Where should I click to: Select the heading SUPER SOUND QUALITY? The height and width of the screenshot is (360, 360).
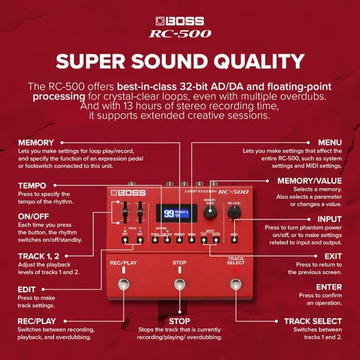[x=179, y=60]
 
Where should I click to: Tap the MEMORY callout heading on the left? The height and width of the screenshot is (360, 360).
[x=36, y=143]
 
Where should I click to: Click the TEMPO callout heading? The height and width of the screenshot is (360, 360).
[x=32, y=185]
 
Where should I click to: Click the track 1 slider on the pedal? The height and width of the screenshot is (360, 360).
[x=124, y=215]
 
